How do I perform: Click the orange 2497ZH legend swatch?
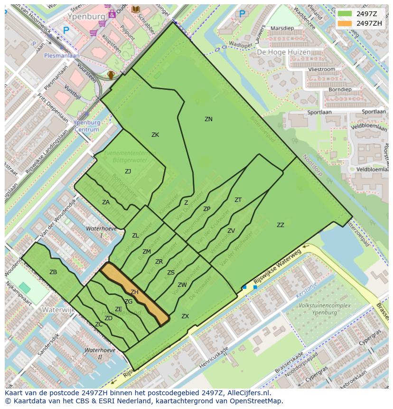coord(345,23)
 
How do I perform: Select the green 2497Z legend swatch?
coord(345,14)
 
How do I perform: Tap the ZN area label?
coord(208,119)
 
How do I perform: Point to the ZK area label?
coord(155,135)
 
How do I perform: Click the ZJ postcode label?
coord(128,171)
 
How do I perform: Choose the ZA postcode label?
coord(106,202)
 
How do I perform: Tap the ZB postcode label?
coord(53,272)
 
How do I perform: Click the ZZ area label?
coord(281,225)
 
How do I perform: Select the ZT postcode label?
coord(238,200)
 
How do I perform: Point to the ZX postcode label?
coord(185,316)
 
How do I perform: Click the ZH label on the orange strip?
coord(134,292)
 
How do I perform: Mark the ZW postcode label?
coord(182,285)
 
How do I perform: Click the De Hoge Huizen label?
coord(284,52)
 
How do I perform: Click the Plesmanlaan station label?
coord(62,55)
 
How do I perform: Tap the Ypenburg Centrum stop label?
coord(87,125)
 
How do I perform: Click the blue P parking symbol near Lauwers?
coord(243,14)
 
